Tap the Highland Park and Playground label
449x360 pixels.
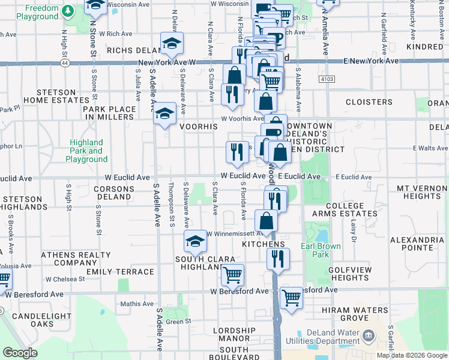pyautogui.click(x=87, y=151)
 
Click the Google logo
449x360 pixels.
pyautogui.click(x=20, y=353)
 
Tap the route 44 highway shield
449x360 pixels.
pyautogui.click(x=64, y=62)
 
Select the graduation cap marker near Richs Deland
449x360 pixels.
pyautogui.click(x=172, y=44)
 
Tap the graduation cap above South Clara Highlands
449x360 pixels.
pyautogui.click(x=195, y=242)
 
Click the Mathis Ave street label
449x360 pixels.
pyautogui.click(x=133, y=304)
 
